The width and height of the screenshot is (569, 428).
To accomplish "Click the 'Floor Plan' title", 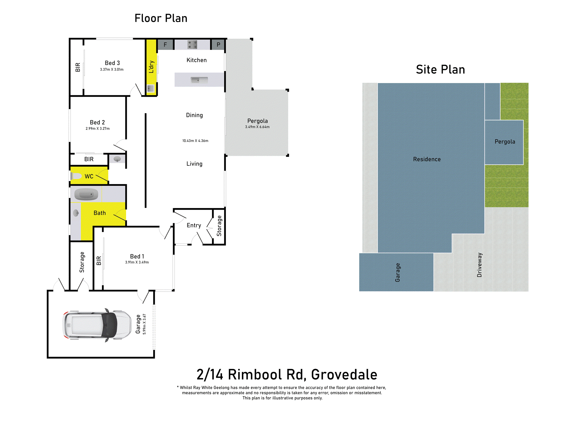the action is point(161,18).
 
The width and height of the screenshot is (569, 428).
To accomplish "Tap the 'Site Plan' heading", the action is point(440,69).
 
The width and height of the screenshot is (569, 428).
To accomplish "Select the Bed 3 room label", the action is point(112,63).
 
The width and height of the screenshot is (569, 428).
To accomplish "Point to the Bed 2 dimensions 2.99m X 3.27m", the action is point(97,129).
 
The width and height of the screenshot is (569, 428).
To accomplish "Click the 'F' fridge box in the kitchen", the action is point(165,45).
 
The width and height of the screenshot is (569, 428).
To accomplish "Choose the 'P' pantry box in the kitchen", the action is point(218,45).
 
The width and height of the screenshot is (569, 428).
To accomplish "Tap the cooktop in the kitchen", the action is point(192,45).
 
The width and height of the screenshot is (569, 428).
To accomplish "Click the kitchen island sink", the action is point(199,80).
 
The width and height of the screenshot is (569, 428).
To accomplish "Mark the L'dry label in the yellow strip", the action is point(151,67).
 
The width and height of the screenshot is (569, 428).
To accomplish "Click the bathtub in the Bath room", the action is point(86,194).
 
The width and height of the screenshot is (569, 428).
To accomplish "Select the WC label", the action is point(89,176).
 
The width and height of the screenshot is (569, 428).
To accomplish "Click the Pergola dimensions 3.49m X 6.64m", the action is point(257,127).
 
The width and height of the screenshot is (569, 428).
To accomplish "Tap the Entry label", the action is point(194,225).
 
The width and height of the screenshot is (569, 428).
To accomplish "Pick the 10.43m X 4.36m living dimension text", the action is point(195,141).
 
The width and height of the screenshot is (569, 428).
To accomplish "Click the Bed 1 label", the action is point(137,257).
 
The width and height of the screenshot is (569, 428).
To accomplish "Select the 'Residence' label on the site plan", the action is point(427,159).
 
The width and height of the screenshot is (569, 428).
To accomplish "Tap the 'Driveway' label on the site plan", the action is point(479,265).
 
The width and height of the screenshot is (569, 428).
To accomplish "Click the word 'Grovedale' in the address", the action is point(344,375).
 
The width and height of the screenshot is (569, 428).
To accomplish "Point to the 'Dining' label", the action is point(194,115).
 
